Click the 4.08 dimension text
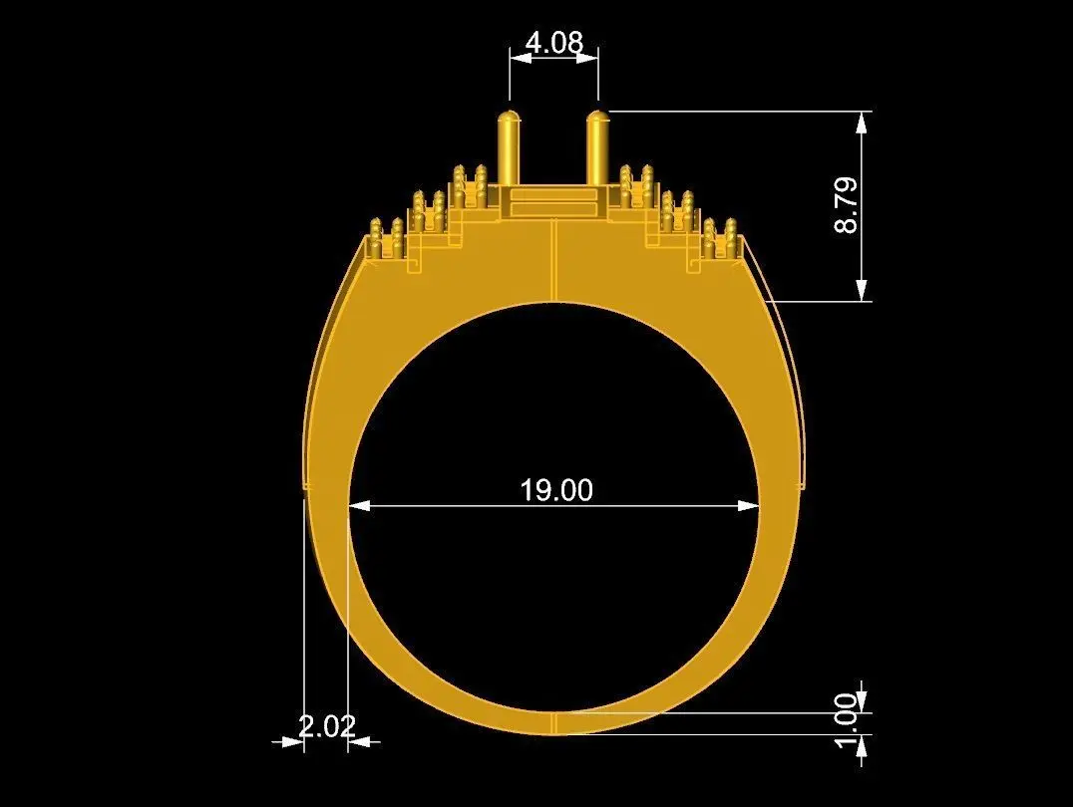pyautogui.click(x=554, y=43)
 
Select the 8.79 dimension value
pyautogui.click(x=847, y=205)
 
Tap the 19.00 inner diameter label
pyautogui.click(x=556, y=490)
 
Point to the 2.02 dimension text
pyautogui.click(x=327, y=725)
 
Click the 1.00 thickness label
pyautogui.click(x=847, y=721)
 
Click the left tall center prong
pyautogui.click(x=509, y=147)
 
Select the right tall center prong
pyautogui.click(x=598, y=147)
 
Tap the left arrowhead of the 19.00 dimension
pyautogui.click(x=360, y=506)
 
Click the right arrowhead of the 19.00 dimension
pyautogui.click(x=749, y=506)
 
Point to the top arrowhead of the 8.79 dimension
pyautogui.click(x=863, y=122)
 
